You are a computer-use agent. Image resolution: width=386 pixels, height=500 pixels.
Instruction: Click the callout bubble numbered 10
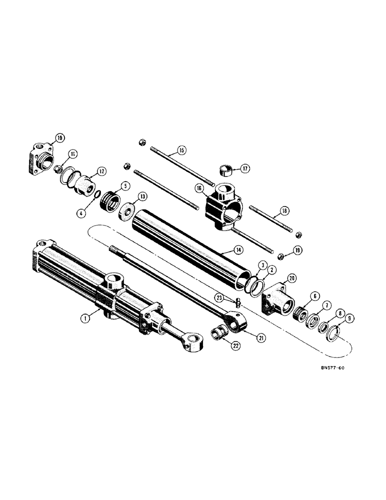tap(59, 137)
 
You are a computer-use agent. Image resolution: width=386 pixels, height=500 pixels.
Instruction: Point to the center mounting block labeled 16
tap(223, 205)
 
